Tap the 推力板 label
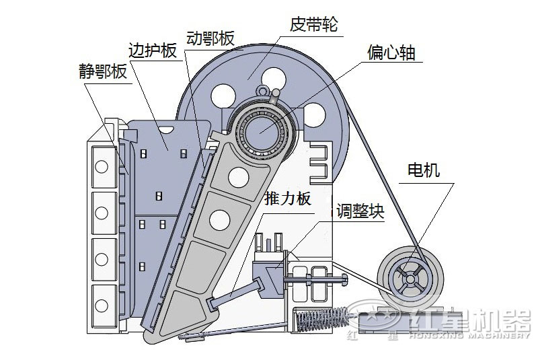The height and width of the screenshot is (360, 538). coord(288,199)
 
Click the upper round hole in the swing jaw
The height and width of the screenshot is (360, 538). coord(237,177)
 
